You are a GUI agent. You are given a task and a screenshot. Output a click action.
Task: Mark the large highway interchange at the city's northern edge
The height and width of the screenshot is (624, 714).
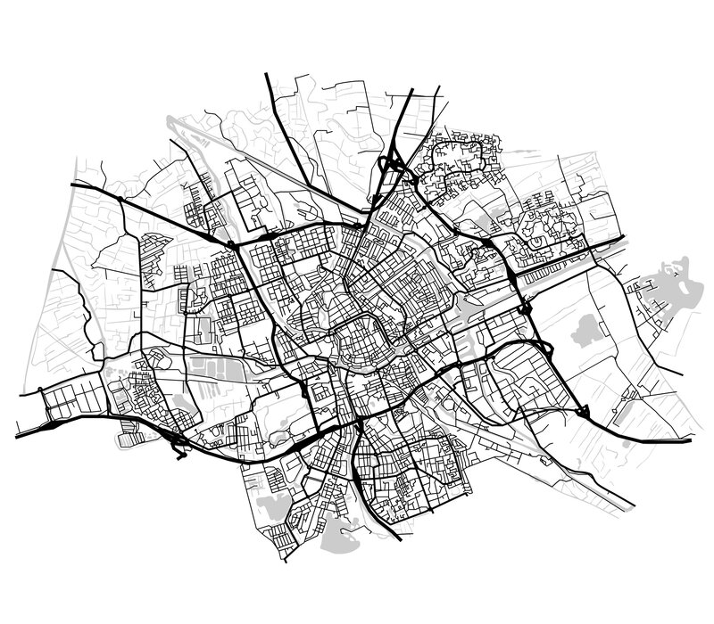pos(393,165)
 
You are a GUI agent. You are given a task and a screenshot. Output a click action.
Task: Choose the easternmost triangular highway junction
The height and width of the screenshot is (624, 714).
pos(585,410)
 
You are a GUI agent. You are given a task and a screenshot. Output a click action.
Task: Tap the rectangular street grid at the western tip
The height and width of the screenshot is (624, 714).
pos(67,401)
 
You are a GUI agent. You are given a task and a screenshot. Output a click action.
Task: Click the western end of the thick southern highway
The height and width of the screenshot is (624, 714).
pos(18,437)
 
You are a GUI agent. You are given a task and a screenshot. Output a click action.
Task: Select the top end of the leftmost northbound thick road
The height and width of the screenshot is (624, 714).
pos(267,75)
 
